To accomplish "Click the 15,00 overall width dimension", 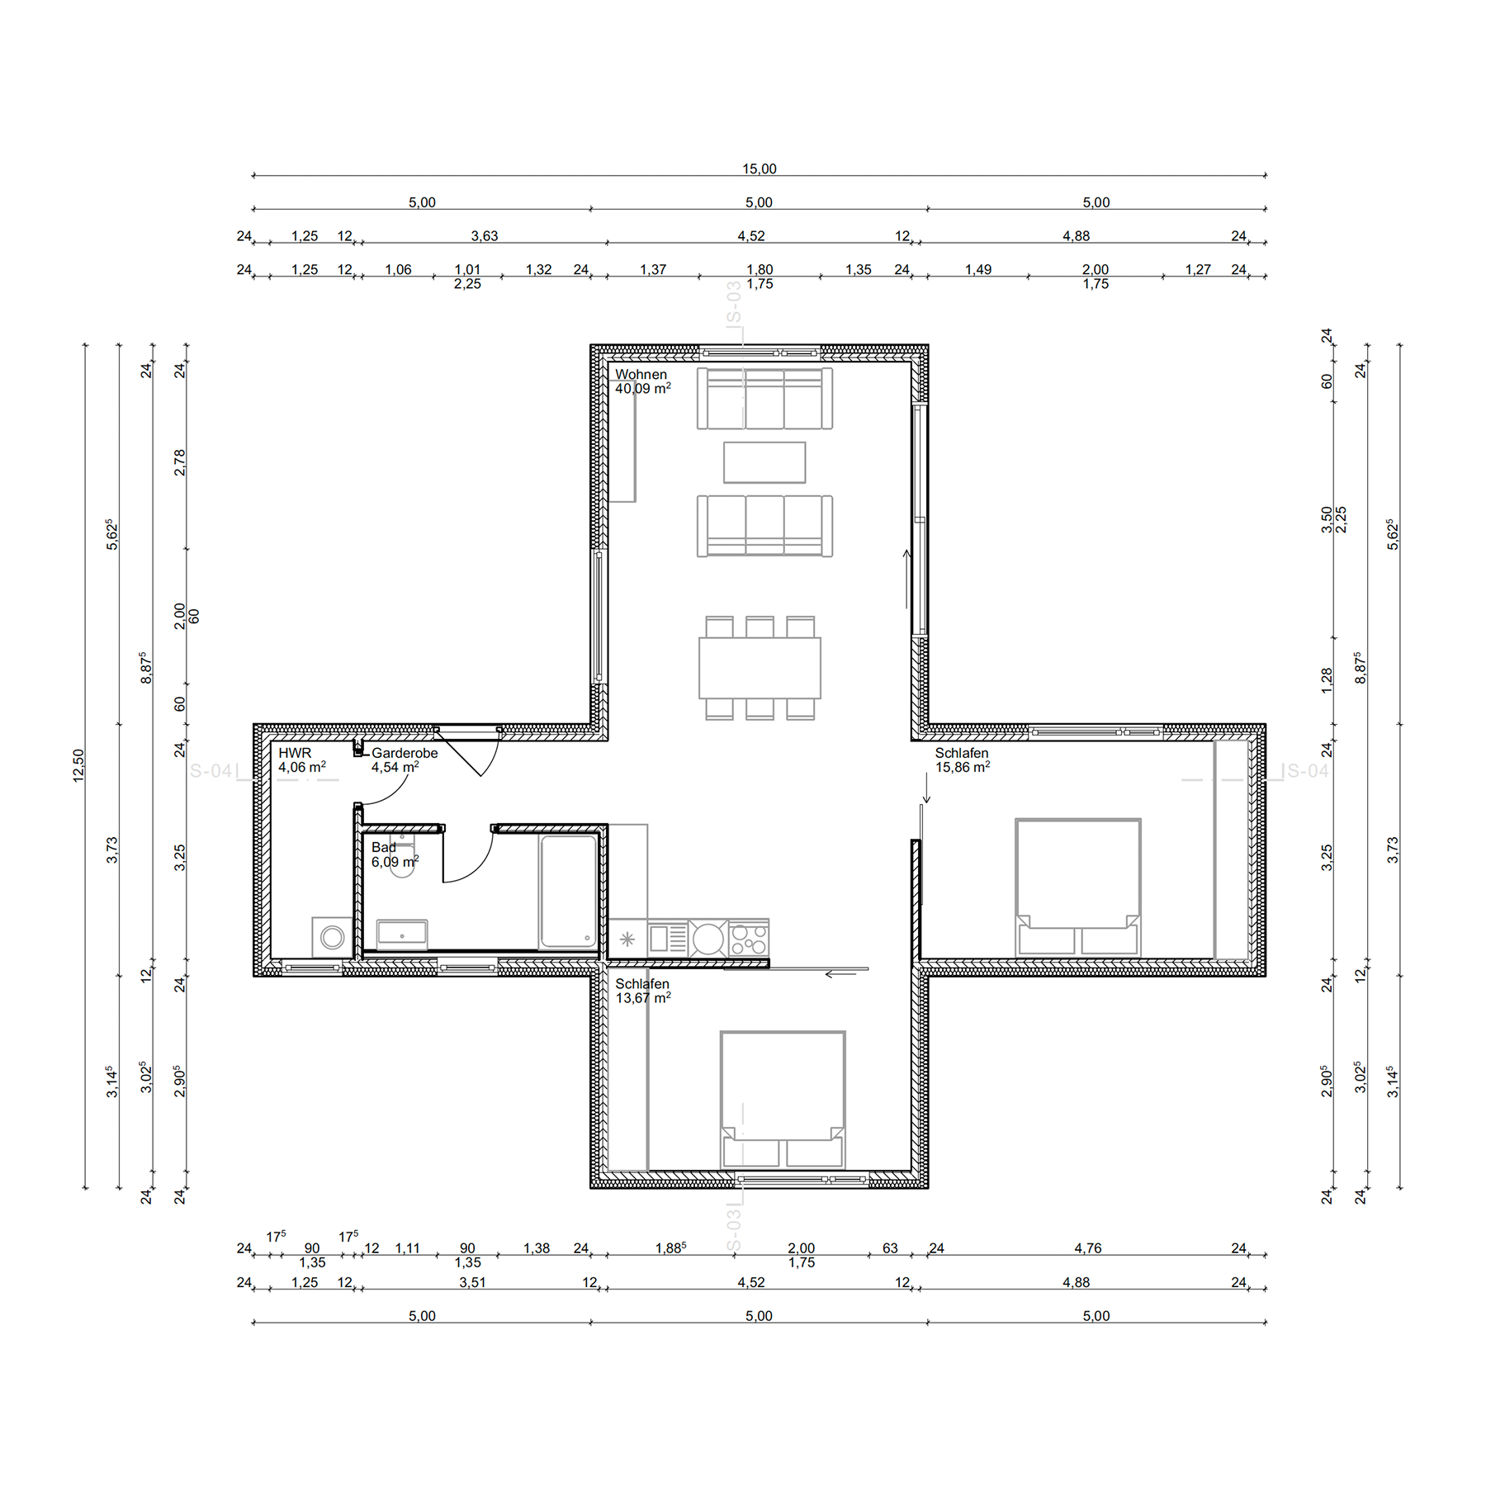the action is [x=759, y=169].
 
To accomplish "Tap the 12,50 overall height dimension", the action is [x=78, y=765].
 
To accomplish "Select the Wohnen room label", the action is [x=641, y=375].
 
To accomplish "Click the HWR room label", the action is [x=295, y=753].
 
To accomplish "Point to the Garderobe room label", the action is [x=405, y=753].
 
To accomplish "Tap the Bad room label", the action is [x=383, y=847].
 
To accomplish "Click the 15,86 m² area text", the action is [x=963, y=767].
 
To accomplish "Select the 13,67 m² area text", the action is [x=643, y=998].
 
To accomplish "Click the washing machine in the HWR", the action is [x=332, y=937].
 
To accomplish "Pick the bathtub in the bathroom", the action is [x=568, y=892].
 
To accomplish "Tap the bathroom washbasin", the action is [x=402, y=935].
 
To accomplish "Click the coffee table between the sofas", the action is [x=764, y=462].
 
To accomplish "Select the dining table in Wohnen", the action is [x=760, y=668].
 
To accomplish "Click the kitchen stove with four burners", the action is [x=749, y=939].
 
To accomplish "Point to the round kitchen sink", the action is [x=708, y=939].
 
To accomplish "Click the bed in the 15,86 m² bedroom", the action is [x=1078, y=887].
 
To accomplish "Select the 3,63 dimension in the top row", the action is [x=485, y=236].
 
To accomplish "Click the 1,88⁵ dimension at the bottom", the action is [x=670, y=1248].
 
